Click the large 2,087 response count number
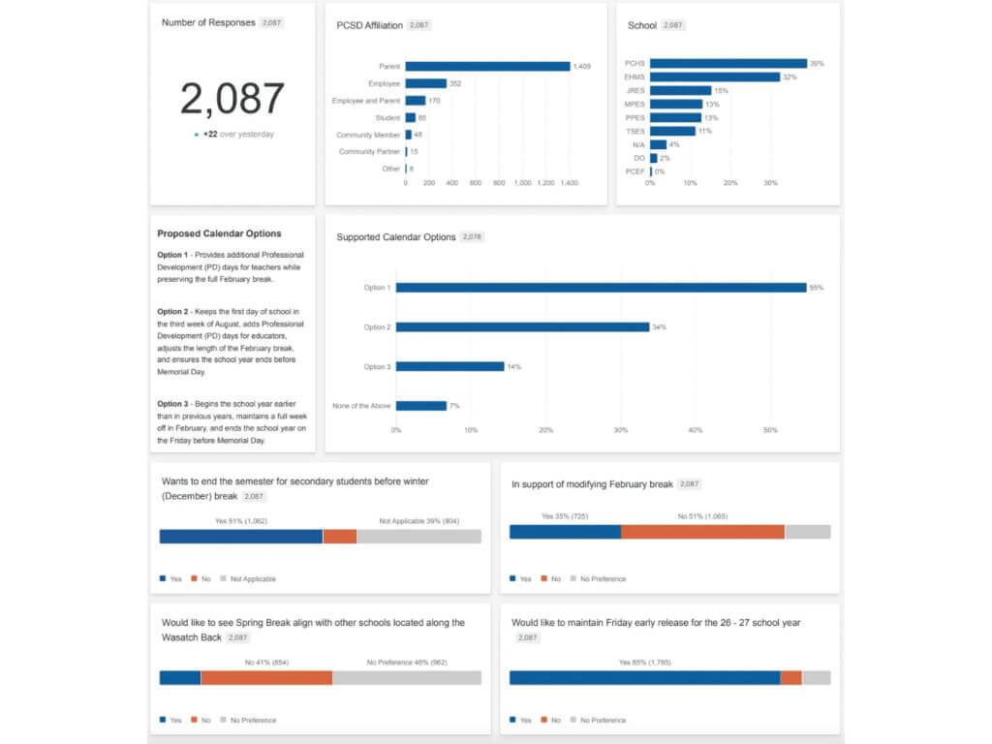(x=232, y=99)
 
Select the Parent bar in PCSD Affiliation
(x=487, y=66)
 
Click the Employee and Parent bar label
(x=366, y=101)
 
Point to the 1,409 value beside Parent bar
(x=582, y=67)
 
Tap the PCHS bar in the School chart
(x=728, y=63)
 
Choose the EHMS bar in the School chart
(x=715, y=77)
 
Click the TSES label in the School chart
(x=635, y=131)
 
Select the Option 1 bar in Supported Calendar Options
(x=601, y=288)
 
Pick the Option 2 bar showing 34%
(x=522, y=327)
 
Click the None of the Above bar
(x=421, y=406)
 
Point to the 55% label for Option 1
(x=817, y=288)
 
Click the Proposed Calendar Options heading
(x=219, y=233)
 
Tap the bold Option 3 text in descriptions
(x=170, y=402)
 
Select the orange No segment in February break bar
(x=702, y=532)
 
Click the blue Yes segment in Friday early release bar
(x=644, y=678)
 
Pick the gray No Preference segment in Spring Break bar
(x=407, y=678)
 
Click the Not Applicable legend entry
(x=253, y=579)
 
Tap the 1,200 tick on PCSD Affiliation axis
(x=546, y=182)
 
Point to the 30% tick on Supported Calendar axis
(x=621, y=430)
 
